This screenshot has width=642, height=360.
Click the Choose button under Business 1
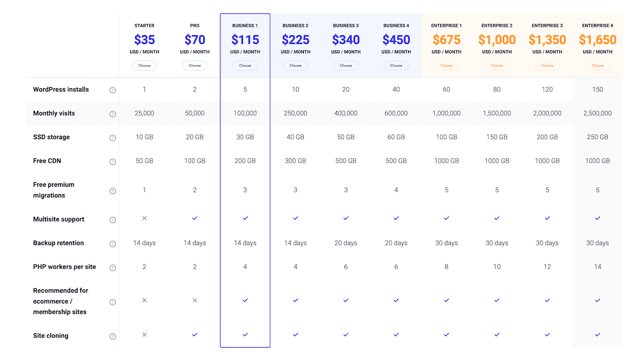[245, 66]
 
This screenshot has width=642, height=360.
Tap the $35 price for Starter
[144, 40]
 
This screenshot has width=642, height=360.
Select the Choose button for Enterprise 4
[598, 66]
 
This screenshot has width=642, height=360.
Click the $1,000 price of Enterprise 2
[497, 40]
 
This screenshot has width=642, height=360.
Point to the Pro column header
[195, 26]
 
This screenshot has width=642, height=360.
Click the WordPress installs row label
[61, 89]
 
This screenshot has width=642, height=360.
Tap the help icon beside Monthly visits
[113, 114]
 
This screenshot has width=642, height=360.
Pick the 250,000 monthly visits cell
[295, 113]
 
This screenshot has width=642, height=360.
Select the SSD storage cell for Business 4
[396, 137]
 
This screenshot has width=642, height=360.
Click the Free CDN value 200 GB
[245, 161]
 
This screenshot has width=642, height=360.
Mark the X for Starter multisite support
[144, 219]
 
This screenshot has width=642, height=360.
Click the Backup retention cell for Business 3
[346, 243]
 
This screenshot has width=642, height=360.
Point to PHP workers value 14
[598, 267]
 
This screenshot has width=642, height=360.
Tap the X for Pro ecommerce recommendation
[195, 301]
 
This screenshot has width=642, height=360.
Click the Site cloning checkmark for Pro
[195, 335]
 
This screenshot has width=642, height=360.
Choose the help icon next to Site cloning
[113, 336]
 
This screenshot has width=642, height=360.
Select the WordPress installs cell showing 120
[547, 89]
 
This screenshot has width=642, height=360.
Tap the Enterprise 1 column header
[446, 26]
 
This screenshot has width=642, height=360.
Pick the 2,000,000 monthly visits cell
[547, 113]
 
